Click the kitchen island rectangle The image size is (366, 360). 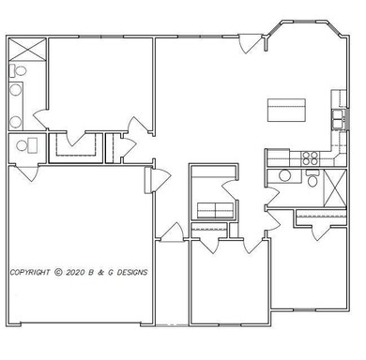[x=287, y=110]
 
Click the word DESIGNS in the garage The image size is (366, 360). [x=130, y=273]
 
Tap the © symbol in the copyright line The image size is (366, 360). [x=58, y=273]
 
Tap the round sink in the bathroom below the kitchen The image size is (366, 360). [x=284, y=174]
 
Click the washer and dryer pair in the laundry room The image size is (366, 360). [x=214, y=209]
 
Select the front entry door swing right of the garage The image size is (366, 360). [x=171, y=231]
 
